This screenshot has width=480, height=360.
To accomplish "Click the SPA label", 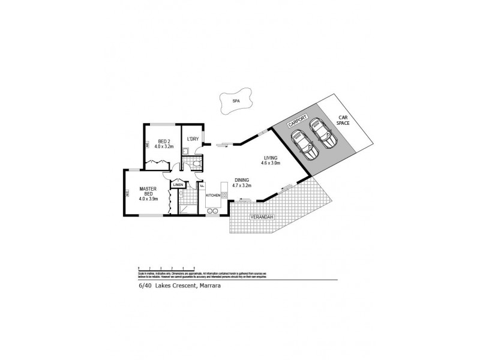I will tap(235, 101).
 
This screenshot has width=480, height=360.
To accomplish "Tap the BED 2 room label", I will tap(164, 142).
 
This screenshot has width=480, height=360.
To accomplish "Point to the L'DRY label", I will tap(193, 139).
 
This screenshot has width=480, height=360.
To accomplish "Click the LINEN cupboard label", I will tap(178, 185).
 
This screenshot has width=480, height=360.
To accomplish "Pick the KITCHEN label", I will tap(214, 196).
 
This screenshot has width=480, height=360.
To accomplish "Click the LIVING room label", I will tap(270, 158).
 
